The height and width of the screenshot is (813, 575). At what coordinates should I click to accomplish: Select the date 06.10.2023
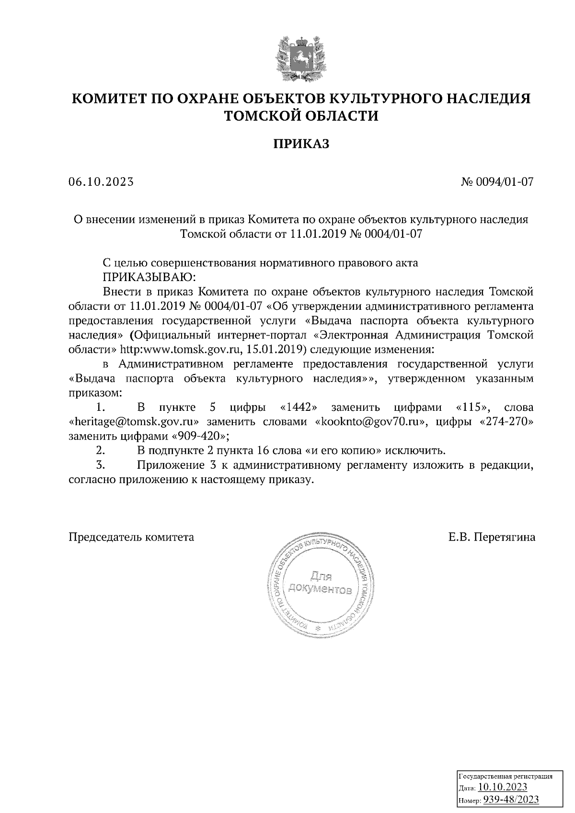pos(101,182)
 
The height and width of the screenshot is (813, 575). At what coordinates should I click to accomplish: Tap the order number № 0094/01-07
pos(497,182)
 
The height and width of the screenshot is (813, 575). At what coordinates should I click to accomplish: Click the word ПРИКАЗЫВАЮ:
pos(148,277)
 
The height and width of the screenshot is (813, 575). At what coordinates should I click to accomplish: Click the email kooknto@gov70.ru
pos(370,422)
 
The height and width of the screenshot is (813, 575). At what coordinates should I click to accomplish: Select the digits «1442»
pos(299,408)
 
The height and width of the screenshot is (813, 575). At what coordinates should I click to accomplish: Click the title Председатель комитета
pos(131,537)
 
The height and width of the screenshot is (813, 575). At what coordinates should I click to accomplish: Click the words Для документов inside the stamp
pos(320,581)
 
